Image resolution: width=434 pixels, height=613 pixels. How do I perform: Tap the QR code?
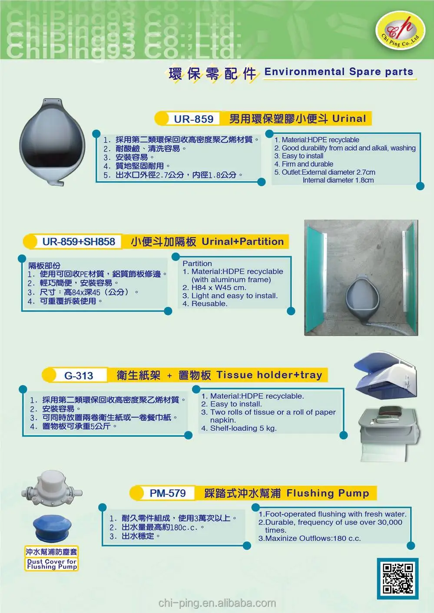[397, 578]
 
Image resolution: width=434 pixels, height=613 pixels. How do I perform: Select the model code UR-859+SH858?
[79, 242]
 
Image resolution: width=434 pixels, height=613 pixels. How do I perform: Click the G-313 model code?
[79, 376]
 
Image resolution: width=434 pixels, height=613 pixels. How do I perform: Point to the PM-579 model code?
[168, 493]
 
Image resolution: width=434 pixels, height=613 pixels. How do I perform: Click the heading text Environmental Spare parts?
[339, 72]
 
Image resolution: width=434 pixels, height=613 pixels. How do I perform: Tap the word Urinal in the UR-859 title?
[349, 119]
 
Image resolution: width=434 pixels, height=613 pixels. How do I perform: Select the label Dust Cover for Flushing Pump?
[52, 564]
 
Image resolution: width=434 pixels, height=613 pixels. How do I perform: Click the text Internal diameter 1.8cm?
[338, 180]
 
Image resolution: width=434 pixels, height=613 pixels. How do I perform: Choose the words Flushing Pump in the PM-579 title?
[328, 493]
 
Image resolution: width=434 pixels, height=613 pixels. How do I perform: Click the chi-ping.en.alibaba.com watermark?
[217, 603]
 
